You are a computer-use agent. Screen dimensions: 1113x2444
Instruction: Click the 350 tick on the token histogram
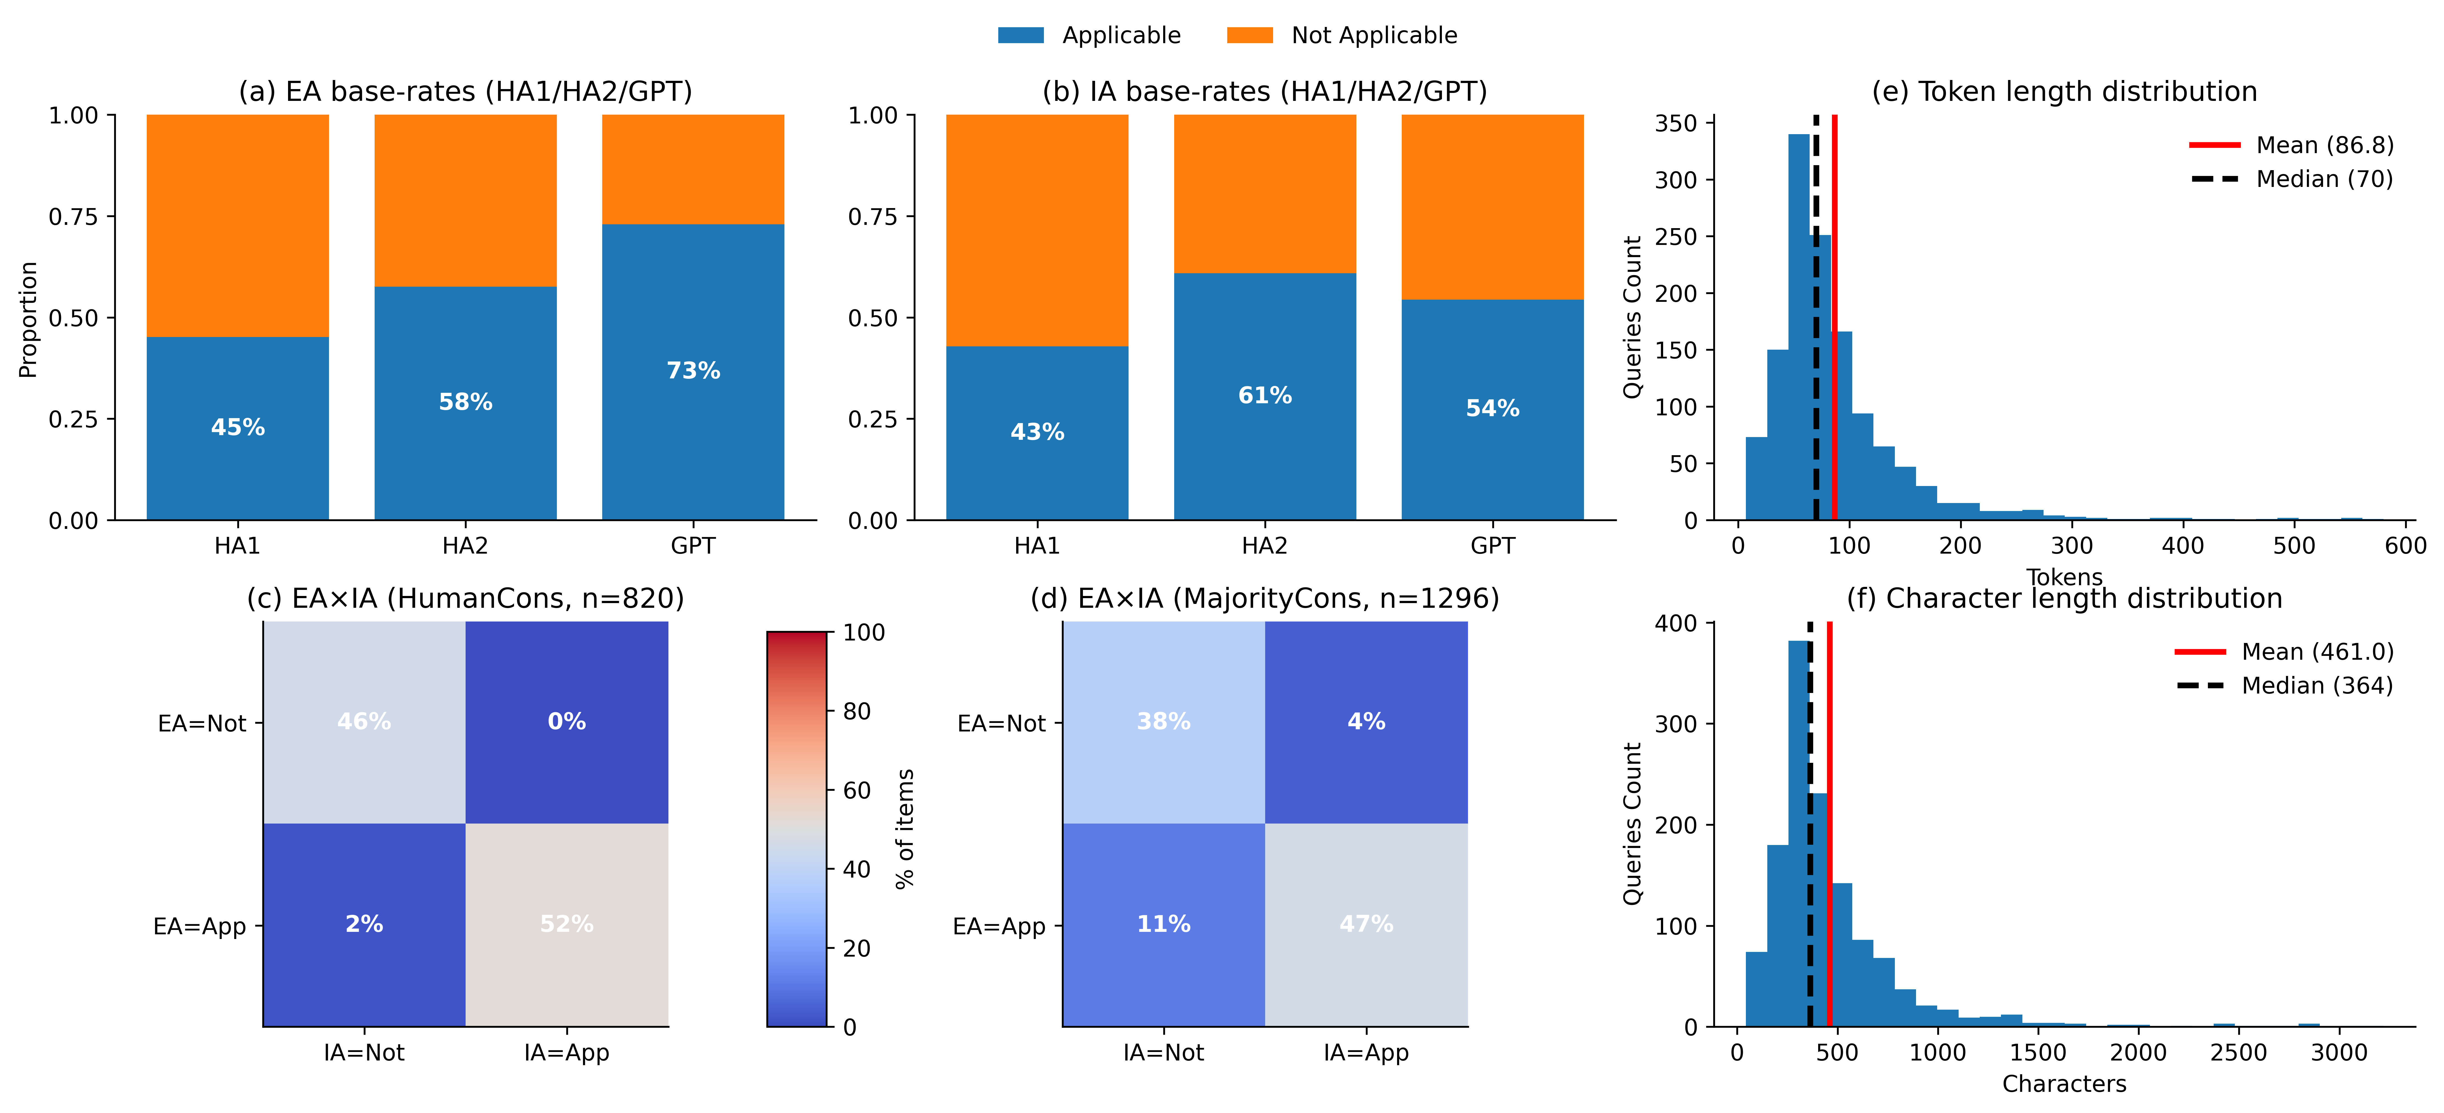pos(1676,123)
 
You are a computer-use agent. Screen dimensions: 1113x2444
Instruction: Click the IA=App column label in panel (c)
pos(566,1052)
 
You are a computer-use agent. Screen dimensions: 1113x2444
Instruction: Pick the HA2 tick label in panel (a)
pos(465,546)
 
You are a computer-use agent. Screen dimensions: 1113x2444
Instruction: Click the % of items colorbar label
pos(905,828)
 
